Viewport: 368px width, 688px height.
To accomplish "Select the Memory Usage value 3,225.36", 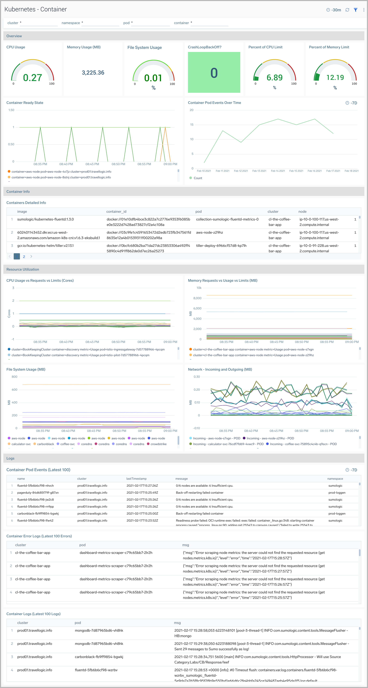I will point(93,73).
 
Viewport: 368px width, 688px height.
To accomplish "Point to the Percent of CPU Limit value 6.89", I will point(275,77).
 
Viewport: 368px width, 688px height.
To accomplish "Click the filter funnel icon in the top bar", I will point(355,10).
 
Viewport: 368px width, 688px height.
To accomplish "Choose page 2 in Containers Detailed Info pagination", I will point(24,257).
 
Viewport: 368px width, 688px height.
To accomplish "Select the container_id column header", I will point(116,212).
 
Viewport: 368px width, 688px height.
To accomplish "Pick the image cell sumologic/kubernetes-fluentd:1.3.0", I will point(45,219).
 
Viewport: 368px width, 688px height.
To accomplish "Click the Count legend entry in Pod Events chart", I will point(198,178).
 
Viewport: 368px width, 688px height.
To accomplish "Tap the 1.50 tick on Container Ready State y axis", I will point(11,110).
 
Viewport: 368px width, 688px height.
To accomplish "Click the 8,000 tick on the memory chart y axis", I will point(197,298).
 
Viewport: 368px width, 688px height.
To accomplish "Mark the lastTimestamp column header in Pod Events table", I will point(136,479).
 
